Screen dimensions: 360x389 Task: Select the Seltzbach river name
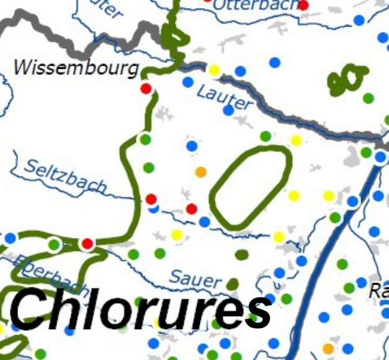pyautogui.click(x=66, y=175)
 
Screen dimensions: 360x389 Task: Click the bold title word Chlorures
pyautogui.click(x=140, y=309)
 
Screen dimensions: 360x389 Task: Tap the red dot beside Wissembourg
pyautogui.click(x=146, y=89)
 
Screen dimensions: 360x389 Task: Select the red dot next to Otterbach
pyautogui.click(x=303, y=5)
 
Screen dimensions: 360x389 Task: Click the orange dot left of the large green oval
pyautogui.click(x=200, y=172)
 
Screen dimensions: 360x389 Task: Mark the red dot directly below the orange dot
pyautogui.click(x=192, y=208)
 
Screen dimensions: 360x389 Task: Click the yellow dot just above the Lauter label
pyautogui.click(x=214, y=70)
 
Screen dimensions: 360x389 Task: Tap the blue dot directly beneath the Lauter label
pyautogui.click(x=228, y=111)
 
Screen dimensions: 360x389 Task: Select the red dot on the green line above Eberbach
pyautogui.click(x=87, y=243)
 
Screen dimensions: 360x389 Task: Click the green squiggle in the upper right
pyautogui.click(x=347, y=79)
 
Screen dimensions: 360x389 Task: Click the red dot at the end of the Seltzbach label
pyautogui.click(x=151, y=199)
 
